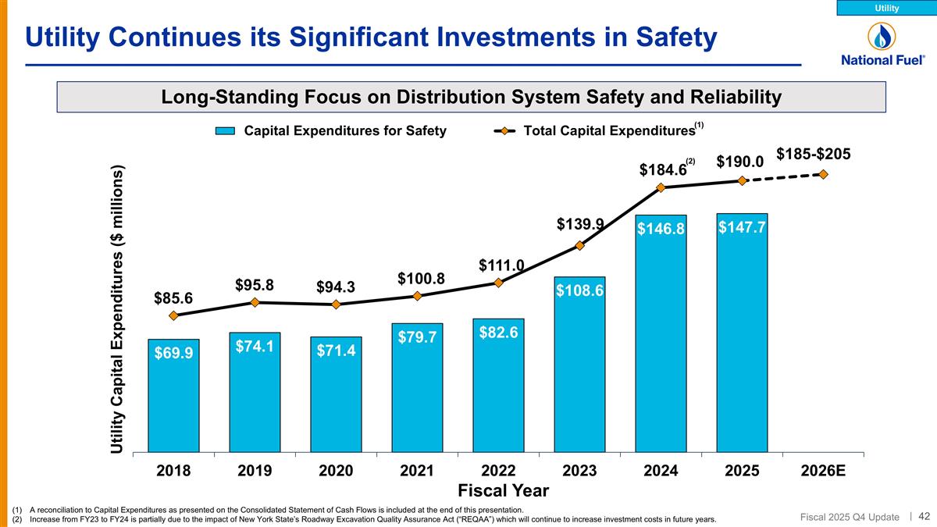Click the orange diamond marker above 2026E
(x=823, y=173)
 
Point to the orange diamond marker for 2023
(x=579, y=246)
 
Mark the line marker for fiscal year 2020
(x=336, y=304)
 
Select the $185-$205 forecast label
(x=813, y=154)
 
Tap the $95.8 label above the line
(x=255, y=285)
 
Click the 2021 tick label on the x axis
(x=417, y=471)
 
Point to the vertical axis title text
(x=119, y=309)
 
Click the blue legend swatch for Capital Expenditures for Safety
(x=224, y=131)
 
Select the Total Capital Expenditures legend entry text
(x=609, y=131)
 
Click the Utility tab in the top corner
(x=886, y=8)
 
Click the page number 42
(x=924, y=515)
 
